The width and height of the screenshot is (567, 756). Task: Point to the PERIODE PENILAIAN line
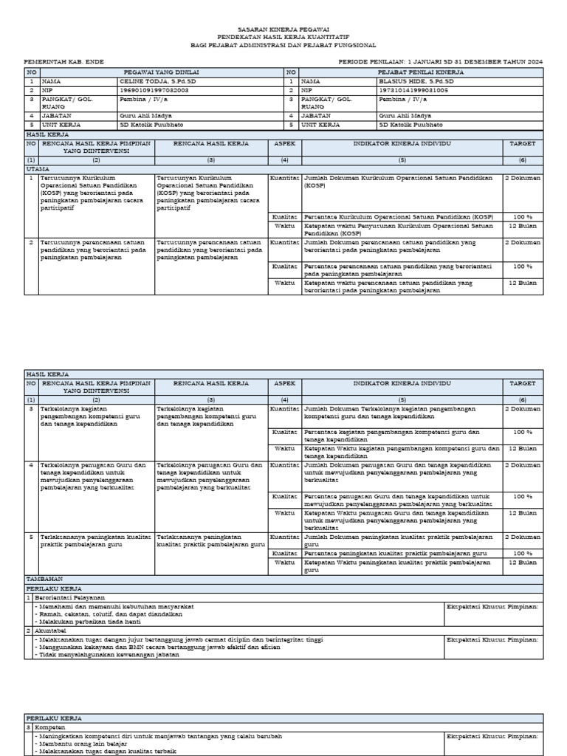coord(440,63)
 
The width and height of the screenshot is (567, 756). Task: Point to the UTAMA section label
coord(38,168)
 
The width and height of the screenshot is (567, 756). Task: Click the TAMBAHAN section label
coord(44,580)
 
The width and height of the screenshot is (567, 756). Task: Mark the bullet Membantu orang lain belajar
coord(78,744)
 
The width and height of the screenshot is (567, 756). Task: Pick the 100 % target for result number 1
coord(523,216)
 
